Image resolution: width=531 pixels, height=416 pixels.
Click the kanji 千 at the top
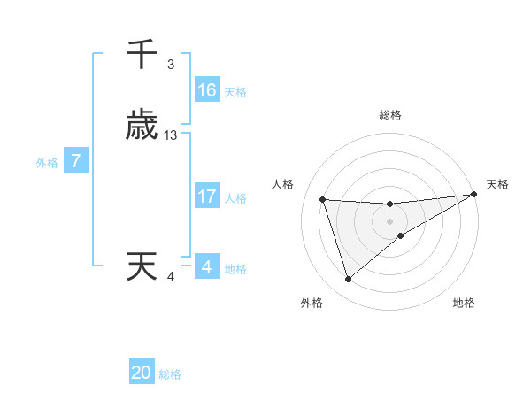coord(142,55)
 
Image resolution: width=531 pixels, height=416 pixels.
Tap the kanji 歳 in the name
coord(142,127)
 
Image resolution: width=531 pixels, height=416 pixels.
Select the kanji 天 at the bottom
coord(142,266)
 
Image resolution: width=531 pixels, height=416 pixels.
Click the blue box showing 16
coord(207,90)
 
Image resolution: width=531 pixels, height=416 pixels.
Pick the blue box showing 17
coord(207,196)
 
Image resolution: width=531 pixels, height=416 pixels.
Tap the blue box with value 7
coord(76,161)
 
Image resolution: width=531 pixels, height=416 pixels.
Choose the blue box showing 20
coord(142,374)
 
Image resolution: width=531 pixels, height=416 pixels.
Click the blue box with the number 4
coord(206,267)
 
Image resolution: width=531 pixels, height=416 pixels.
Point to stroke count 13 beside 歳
coord(171,135)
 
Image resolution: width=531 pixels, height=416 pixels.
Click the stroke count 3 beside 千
coord(170,65)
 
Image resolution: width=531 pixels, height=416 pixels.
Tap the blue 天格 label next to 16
coord(235,91)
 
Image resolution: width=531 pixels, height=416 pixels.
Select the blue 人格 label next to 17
coord(235,197)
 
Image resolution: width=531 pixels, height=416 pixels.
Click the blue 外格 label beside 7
coord(47,162)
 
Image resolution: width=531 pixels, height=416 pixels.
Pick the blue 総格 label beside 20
coord(170,374)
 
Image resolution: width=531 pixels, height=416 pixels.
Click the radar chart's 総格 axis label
coord(390,115)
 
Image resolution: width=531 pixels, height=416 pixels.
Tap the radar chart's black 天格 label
coord(497,184)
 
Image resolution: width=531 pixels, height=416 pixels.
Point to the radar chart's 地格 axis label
coord(464,304)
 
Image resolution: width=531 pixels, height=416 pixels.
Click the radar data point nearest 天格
coord(473,195)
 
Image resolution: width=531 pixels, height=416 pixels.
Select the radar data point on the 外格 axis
coord(348,280)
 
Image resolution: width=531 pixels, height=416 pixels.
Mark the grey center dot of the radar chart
coord(390,221)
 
